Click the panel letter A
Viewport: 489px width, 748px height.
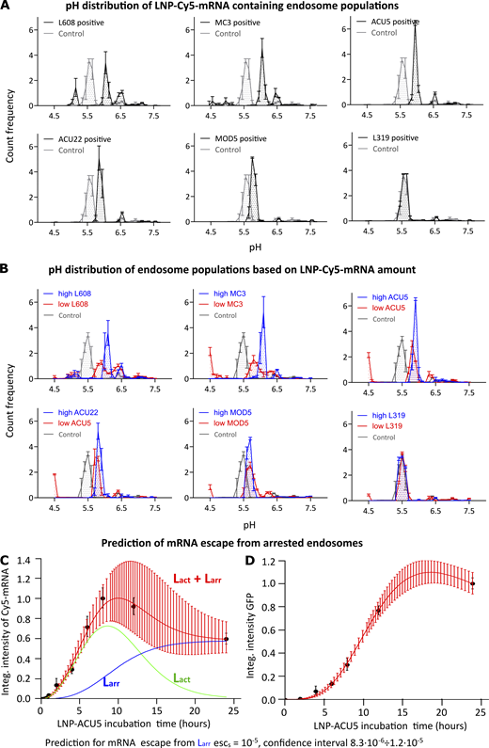coord(8,8)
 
